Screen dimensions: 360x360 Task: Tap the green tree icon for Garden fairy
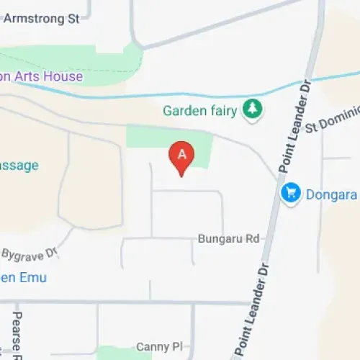click(x=252, y=109)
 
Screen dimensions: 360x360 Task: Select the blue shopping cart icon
click(x=290, y=193)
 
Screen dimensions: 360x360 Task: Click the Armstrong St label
click(x=41, y=19)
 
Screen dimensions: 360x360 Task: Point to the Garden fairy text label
click(x=201, y=110)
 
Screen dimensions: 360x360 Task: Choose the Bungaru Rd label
click(x=228, y=238)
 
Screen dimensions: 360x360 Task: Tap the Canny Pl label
click(x=153, y=347)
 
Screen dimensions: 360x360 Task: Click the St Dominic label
click(x=332, y=122)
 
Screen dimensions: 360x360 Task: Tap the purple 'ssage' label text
click(x=19, y=165)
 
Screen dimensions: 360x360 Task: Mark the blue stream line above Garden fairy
click(x=144, y=95)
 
